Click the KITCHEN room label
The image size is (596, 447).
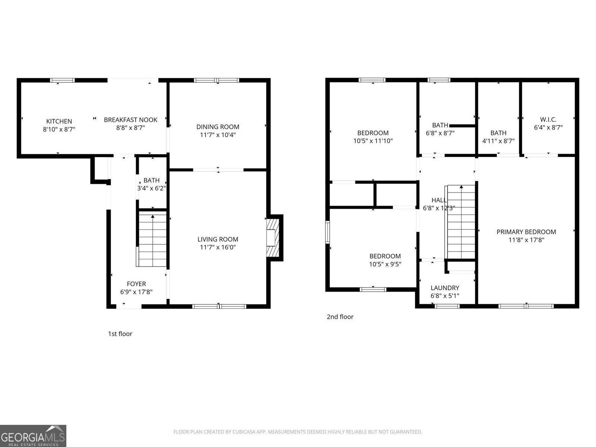tap(59, 121)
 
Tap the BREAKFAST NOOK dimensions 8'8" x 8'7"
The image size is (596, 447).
tap(130, 128)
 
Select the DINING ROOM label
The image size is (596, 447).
tap(218, 127)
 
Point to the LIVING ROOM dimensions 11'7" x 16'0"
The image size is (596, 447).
tap(218, 247)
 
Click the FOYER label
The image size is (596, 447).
tap(136, 284)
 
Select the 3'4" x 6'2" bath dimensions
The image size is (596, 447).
tap(151, 188)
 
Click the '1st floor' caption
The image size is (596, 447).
tap(120, 334)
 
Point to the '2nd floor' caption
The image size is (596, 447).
tap(340, 317)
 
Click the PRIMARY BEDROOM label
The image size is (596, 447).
tap(526, 232)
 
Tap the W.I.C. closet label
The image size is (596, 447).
tap(548, 120)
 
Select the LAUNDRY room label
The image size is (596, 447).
tap(445, 288)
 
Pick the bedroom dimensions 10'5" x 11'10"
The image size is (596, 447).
tap(373, 141)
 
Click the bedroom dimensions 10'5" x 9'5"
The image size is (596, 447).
tap(385, 264)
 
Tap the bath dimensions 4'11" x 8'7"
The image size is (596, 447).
tap(498, 141)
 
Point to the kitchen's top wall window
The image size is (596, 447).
tap(63, 80)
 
